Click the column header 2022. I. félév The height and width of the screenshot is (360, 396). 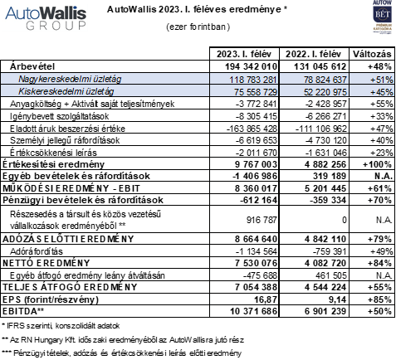point(315,53)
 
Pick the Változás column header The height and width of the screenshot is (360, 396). point(369,53)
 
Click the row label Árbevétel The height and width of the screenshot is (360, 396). point(34,65)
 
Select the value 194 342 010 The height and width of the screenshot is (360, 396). point(252,65)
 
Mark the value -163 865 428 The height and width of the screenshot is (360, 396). point(252,128)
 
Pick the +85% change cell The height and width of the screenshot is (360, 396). point(373,299)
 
